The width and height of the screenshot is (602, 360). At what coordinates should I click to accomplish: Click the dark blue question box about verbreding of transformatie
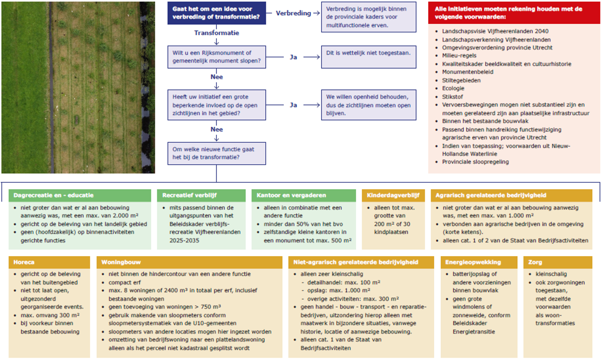(x=217, y=13)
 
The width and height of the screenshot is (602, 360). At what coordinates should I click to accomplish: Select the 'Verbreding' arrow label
(x=293, y=13)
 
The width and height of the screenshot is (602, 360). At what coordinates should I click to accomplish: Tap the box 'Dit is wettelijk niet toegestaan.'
(x=369, y=57)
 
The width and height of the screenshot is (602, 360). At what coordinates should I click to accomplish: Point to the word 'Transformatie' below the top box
(x=217, y=33)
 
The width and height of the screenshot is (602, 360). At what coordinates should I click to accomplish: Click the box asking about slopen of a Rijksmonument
(x=217, y=57)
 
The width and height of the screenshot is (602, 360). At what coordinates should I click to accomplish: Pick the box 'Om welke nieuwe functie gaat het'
(x=217, y=153)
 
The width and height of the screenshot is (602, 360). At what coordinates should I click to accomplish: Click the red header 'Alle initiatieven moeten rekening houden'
(x=514, y=13)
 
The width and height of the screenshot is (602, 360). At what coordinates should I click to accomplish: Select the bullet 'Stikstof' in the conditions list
(x=453, y=97)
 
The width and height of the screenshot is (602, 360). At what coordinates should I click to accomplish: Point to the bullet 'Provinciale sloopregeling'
(x=476, y=162)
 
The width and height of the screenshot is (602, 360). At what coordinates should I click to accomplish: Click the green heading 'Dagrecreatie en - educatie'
(x=53, y=195)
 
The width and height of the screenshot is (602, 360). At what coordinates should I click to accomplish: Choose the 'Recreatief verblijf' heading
(x=189, y=195)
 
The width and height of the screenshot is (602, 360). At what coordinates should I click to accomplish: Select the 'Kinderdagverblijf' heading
(x=393, y=195)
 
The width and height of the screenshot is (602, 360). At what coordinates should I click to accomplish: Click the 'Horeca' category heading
(x=24, y=262)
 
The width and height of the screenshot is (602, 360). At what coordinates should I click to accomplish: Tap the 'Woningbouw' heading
(x=121, y=262)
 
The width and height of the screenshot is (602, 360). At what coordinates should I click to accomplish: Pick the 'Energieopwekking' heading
(x=473, y=262)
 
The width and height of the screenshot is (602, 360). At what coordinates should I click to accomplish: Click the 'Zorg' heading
(x=535, y=262)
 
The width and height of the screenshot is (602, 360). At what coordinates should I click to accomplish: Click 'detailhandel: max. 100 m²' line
(x=344, y=283)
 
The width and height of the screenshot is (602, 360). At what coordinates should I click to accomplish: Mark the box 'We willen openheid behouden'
(x=369, y=105)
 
